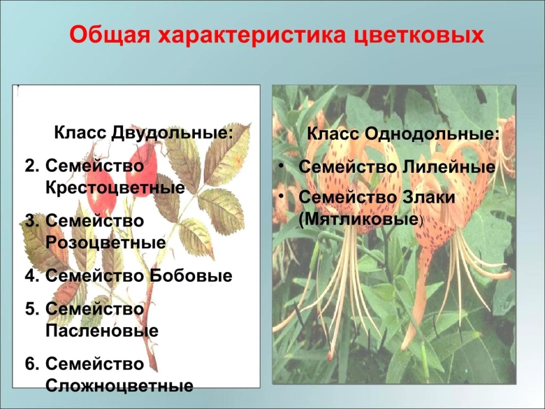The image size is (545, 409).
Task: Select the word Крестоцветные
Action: (115, 187)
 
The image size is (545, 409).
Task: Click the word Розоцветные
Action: (106, 242)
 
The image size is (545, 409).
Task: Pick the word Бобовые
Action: (191, 275)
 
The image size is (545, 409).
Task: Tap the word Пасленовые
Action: (102, 331)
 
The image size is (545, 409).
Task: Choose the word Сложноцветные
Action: (119, 385)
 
